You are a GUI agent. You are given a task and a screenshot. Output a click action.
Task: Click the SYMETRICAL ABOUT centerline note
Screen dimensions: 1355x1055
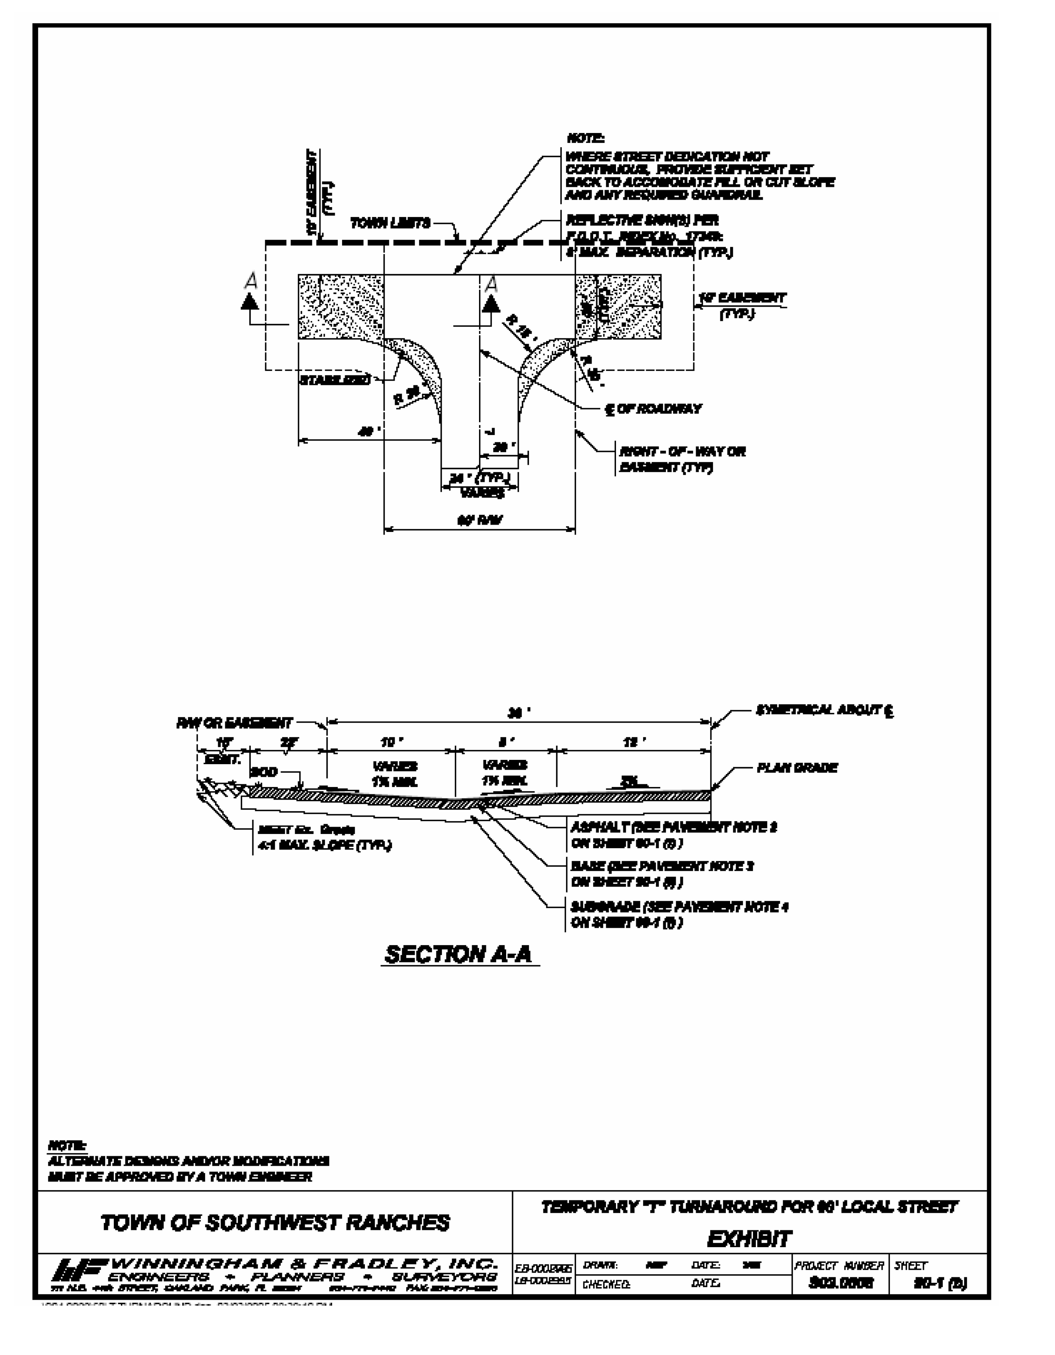(824, 710)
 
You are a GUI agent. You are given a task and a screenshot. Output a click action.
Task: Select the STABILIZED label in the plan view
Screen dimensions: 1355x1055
(335, 380)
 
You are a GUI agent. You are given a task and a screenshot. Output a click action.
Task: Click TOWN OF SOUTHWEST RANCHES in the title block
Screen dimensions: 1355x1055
(275, 1222)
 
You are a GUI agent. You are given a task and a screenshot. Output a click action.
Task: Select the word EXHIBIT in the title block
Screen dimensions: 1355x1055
(749, 1239)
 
